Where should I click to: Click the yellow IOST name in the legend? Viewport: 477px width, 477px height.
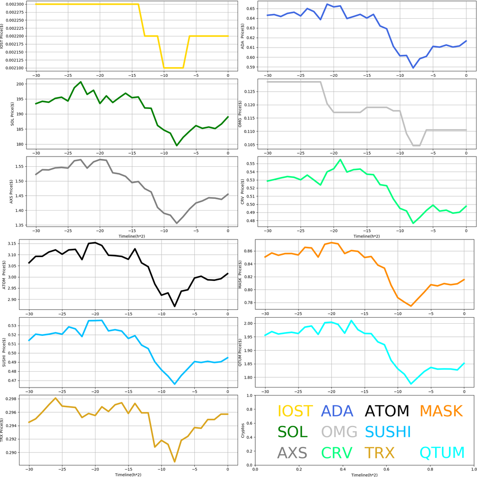[295, 411]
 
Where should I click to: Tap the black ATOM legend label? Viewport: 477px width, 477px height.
[387, 411]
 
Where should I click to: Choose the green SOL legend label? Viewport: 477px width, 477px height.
[293, 432]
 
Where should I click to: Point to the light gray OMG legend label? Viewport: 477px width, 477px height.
[339, 432]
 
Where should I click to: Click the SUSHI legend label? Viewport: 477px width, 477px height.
[388, 432]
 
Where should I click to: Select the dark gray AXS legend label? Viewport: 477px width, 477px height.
[292, 453]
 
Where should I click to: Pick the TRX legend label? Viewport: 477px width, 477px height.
[379, 453]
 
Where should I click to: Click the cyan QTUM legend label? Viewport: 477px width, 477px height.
[442, 453]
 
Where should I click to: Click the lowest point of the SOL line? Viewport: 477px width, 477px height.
[177, 145]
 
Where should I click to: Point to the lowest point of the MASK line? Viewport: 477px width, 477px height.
[411, 306]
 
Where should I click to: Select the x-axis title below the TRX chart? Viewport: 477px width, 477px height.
[128, 474]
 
